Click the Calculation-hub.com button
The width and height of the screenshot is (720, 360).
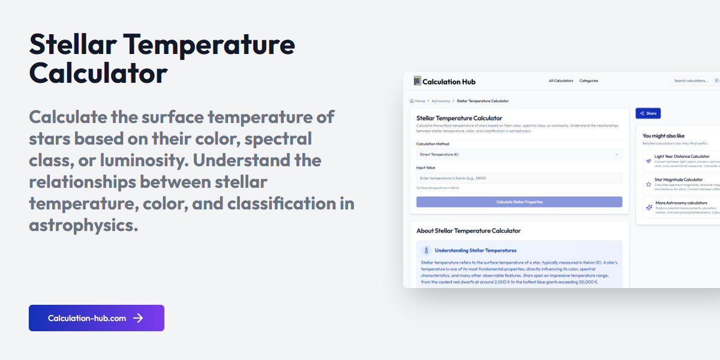pyautogui.click(x=96, y=318)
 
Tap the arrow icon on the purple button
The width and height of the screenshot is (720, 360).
pyautogui.click(x=138, y=318)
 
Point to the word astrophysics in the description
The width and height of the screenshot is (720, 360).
pyautogui.click(x=83, y=225)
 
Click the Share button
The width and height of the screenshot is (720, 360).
pyautogui.click(x=648, y=113)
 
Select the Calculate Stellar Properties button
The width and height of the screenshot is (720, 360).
pyautogui.click(x=519, y=202)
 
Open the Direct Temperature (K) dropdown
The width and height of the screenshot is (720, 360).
pyautogui.click(x=519, y=155)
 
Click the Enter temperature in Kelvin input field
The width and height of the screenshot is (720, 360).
pyautogui.click(x=519, y=178)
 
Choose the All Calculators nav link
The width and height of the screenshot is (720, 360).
pyautogui.click(x=561, y=81)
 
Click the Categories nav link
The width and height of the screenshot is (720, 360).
pyautogui.click(x=589, y=81)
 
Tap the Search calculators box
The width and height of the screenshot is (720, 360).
pyautogui.click(x=691, y=81)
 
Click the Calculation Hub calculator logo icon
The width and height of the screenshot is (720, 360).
pyautogui.click(x=418, y=81)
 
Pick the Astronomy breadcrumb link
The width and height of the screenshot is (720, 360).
pyautogui.click(x=440, y=101)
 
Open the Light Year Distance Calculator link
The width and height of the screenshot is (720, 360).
pyautogui.click(x=682, y=157)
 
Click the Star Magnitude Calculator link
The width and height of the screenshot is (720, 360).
pyautogui.click(x=678, y=179)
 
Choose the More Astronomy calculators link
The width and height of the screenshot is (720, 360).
pyautogui.click(x=681, y=203)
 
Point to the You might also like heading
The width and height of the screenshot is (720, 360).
pyautogui.click(x=663, y=136)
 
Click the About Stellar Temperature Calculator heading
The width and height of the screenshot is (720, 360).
pyautogui.click(x=468, y=230)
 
